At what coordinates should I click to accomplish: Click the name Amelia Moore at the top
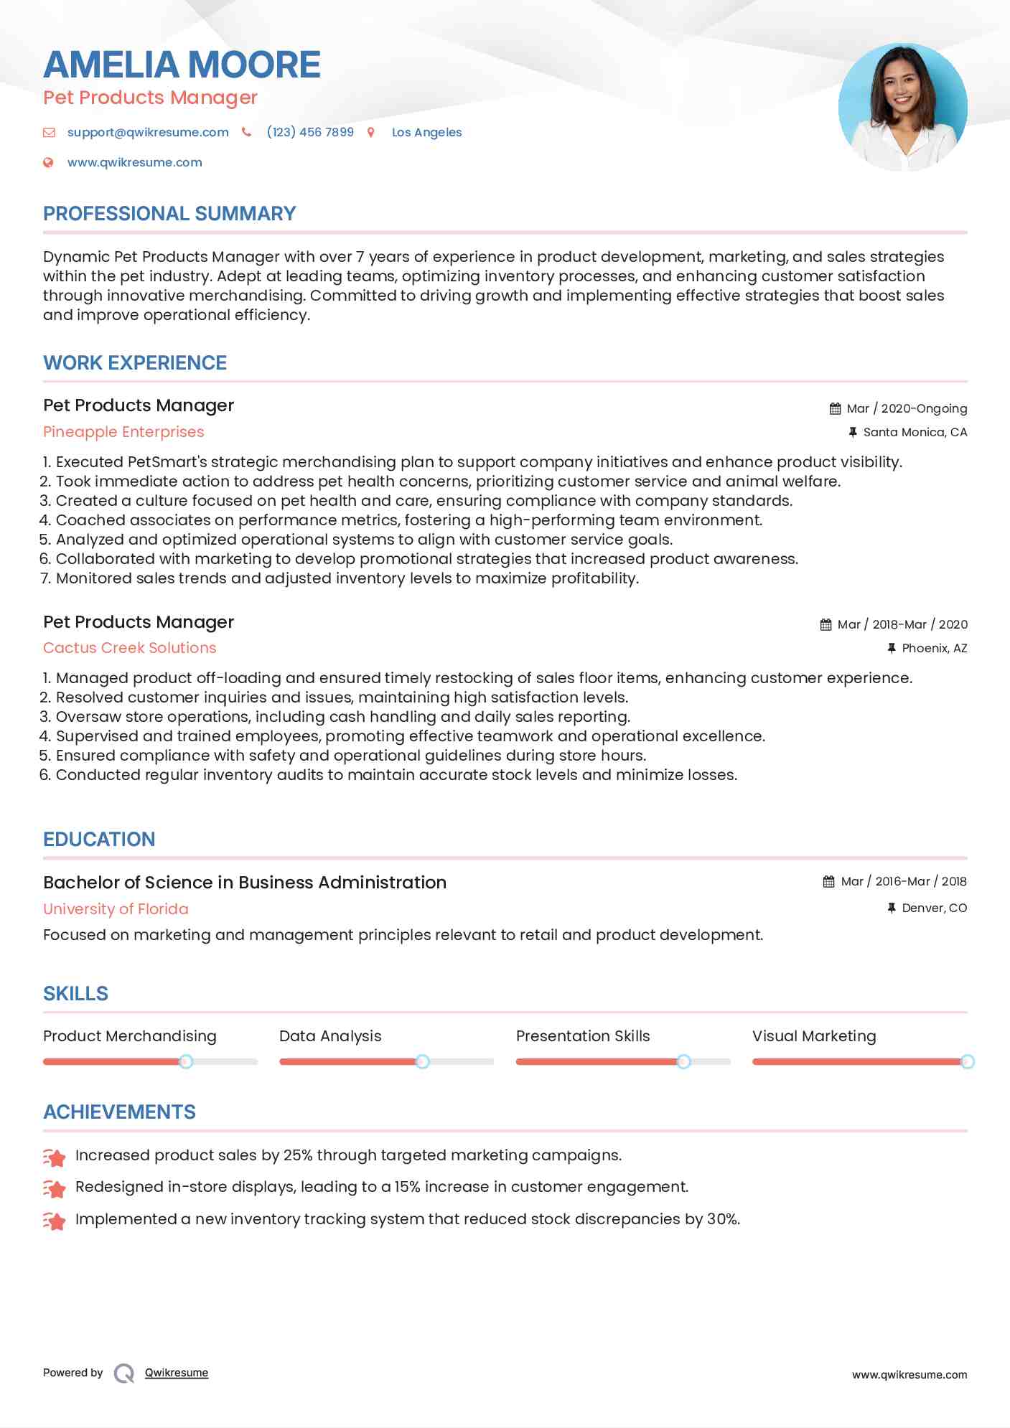(x=182, y=65)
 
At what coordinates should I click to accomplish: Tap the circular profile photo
(x=902, y=108)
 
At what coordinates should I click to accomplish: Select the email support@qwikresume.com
(x=148, y=132)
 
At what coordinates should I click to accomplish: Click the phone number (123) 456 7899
(x=310, y=132)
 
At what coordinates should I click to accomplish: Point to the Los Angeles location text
(x=426, y=132)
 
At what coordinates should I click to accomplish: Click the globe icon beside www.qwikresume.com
(x=48, y=162)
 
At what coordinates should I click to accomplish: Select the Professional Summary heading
(x=169, y=214)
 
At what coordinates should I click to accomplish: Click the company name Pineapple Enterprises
(x=123, y=432)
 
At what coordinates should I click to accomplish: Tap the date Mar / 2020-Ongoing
(x=907, y=408)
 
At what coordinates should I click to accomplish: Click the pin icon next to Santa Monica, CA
(x=853, y=432)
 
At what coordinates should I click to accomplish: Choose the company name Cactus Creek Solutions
(x=129, y=648)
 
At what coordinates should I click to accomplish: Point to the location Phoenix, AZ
(x=934, y=648)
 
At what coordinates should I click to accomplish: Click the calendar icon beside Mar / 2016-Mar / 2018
(x=829, y=881)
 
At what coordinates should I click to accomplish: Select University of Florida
(x=116, y=909)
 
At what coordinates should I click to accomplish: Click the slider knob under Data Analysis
(x=423, y=1061)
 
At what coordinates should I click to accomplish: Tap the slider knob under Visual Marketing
(x=967, y=1061)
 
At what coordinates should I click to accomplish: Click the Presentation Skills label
(x=582, y=1036)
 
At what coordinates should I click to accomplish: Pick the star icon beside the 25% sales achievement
(x=55, y=1157)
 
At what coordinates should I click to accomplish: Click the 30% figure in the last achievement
(x=723, y=1219)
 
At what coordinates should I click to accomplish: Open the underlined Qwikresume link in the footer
(x=177, y=1373)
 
